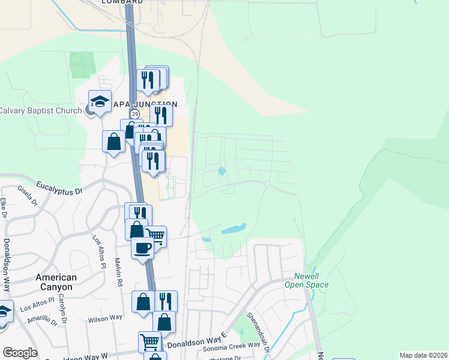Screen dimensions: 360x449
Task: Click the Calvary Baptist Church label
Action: (x=41, y=110)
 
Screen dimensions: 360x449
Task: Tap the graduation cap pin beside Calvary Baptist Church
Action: (x=100, y=101)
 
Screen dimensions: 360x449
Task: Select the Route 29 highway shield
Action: (x=134, y=114)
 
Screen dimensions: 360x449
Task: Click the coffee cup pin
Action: (x=142, y=247)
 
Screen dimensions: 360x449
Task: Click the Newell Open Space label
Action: (x=306, y=281)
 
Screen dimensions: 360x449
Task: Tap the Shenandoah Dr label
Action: (x=256, y=326)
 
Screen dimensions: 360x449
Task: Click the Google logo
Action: (x=20, y=353)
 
